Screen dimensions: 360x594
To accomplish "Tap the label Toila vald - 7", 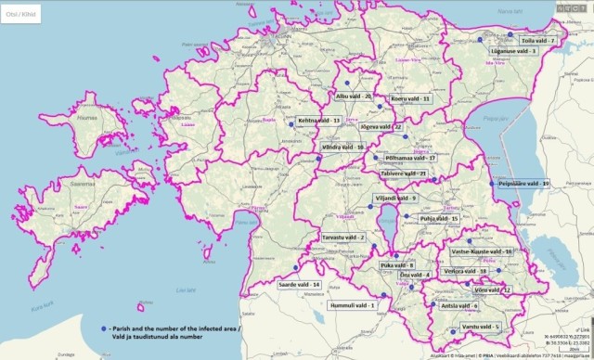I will tap(536, 42).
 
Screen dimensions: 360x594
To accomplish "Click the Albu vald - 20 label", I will tap(354, 96).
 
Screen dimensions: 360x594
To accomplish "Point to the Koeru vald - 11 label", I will tap(410, 97).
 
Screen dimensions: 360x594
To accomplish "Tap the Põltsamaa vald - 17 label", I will tap(409, 159).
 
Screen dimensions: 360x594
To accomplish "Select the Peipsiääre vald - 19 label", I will tap(524, 185).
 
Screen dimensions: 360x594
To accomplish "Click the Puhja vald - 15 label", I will tap(439, 219).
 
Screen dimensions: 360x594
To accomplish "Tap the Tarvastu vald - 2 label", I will tap(343, 238).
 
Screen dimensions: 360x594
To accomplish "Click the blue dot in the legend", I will tap(101, 329).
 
